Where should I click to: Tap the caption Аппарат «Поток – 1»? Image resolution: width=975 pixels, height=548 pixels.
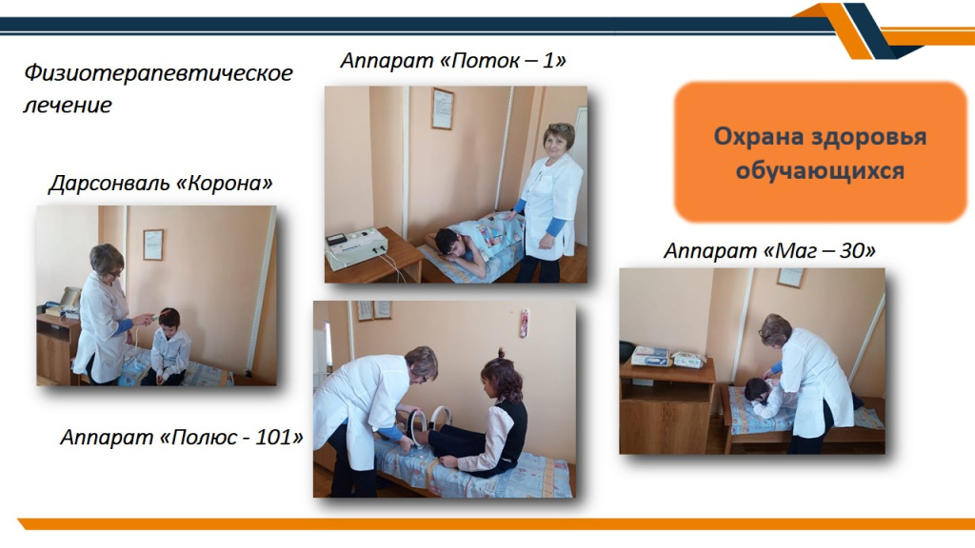point(453,60)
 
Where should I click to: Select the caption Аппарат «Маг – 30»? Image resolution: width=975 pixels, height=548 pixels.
point(769,250)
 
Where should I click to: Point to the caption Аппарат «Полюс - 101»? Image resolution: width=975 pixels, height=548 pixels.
point(182,437)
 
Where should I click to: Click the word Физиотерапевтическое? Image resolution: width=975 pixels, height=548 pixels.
point(159,73)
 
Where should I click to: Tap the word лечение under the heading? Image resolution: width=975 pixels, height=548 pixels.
point(68,105)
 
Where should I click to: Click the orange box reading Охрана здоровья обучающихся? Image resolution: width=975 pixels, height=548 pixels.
point(820,151)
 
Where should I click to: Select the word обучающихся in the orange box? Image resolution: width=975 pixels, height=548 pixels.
point(820,170)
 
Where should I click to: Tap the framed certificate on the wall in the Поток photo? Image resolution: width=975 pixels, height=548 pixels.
point(442,108)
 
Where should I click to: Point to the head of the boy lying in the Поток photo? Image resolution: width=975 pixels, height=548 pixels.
point(449,243)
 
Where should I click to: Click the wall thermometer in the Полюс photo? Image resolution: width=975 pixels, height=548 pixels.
point(525,323)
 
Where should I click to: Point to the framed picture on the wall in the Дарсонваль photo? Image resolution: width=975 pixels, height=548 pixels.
point(153,245)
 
